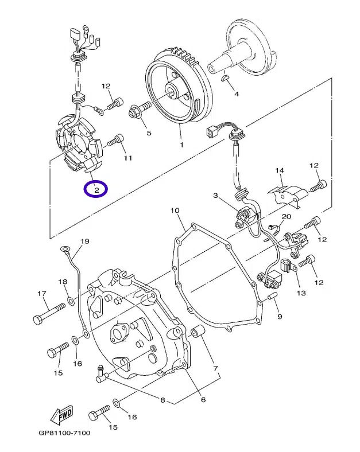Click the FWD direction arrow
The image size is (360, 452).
[61, 415]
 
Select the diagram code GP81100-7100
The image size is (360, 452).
[64, 432]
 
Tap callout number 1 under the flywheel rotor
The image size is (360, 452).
[181, 145]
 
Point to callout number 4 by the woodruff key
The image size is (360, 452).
[236, 93]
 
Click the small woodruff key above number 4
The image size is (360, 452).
[224, 77]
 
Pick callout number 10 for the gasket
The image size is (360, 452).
[175, 211]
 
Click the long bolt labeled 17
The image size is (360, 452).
[49, 313]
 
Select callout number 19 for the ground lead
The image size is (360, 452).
[84, 241]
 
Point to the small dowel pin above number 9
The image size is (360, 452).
[273, 295]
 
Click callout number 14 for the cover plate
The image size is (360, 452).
[280, 170]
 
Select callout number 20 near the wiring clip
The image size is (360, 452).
[286, 216]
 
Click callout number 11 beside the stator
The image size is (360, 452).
[128, 158]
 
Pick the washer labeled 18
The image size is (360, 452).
[71, 301]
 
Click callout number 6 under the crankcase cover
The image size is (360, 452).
[203, 400]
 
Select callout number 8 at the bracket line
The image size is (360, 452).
[162, 400]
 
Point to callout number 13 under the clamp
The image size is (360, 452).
[301, 293]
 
